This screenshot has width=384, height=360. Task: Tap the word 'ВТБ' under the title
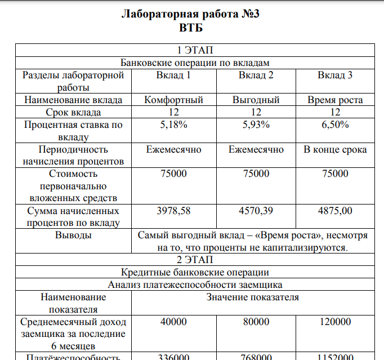191,27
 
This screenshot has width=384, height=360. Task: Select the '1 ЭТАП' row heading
194,50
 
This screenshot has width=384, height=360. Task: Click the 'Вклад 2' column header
256,75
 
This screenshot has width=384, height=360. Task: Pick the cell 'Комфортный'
174,100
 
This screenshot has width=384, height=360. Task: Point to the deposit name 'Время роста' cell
335,100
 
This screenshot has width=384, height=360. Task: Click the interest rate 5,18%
174,125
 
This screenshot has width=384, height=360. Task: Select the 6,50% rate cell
335,125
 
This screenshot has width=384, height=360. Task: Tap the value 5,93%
256,125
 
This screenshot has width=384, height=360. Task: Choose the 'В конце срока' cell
335,149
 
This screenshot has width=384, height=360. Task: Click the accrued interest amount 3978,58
174,211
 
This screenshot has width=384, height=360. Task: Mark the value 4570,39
256,211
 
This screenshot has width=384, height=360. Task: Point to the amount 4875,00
335,211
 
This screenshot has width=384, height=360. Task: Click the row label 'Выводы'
73,235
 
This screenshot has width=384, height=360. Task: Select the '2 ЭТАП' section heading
194,260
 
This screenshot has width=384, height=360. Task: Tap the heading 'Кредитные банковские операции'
194,273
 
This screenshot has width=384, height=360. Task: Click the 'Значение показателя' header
253,297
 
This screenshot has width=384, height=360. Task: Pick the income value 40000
174,322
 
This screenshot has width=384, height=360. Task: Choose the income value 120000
335,322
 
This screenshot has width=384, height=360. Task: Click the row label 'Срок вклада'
73,112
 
